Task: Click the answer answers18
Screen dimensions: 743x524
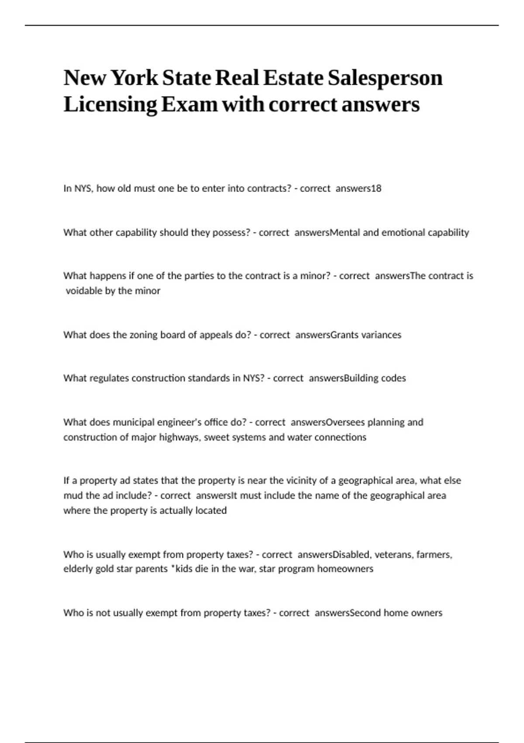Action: [359, 189]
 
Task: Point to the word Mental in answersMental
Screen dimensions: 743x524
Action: [345, 233]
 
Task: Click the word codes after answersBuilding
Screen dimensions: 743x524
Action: [393, 378]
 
